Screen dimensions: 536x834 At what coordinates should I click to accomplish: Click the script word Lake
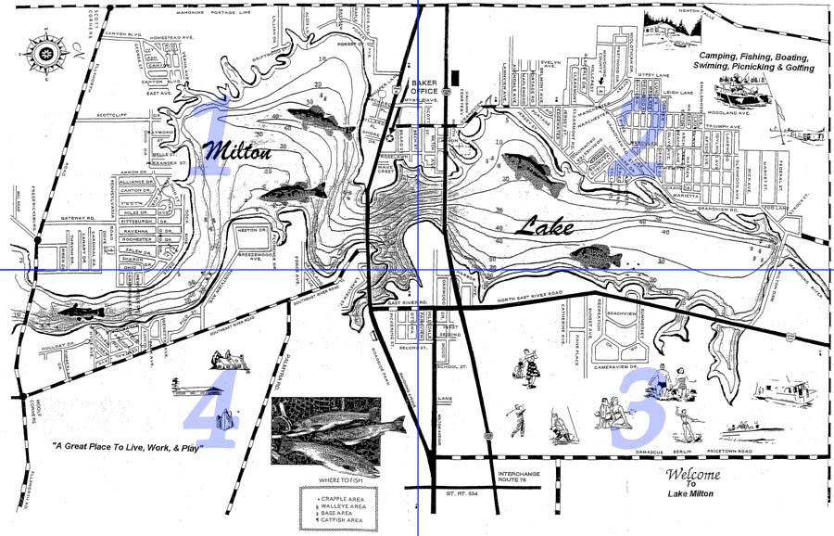click(546, 226)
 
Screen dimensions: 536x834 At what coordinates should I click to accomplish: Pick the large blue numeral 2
click(640, 137)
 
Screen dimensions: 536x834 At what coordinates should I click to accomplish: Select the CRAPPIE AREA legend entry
click(339, 498)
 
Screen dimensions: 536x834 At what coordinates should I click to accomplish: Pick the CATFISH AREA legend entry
click(339, 523)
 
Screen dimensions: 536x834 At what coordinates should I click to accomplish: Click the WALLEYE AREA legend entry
click(339, 506)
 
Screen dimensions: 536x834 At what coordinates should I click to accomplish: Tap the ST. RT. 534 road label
click(462, 493)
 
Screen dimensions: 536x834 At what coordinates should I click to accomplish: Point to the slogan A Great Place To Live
click(127, 448)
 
